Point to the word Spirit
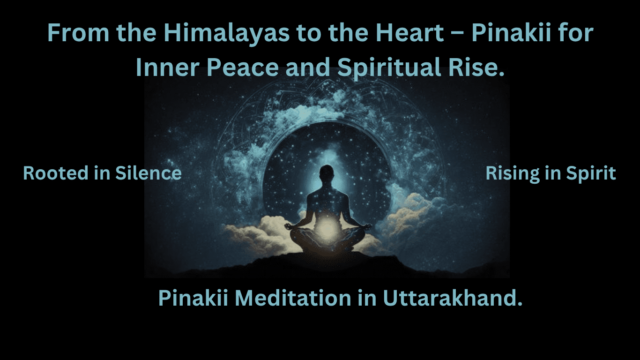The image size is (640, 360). (591, 173)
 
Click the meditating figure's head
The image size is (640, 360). (327, 173)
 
